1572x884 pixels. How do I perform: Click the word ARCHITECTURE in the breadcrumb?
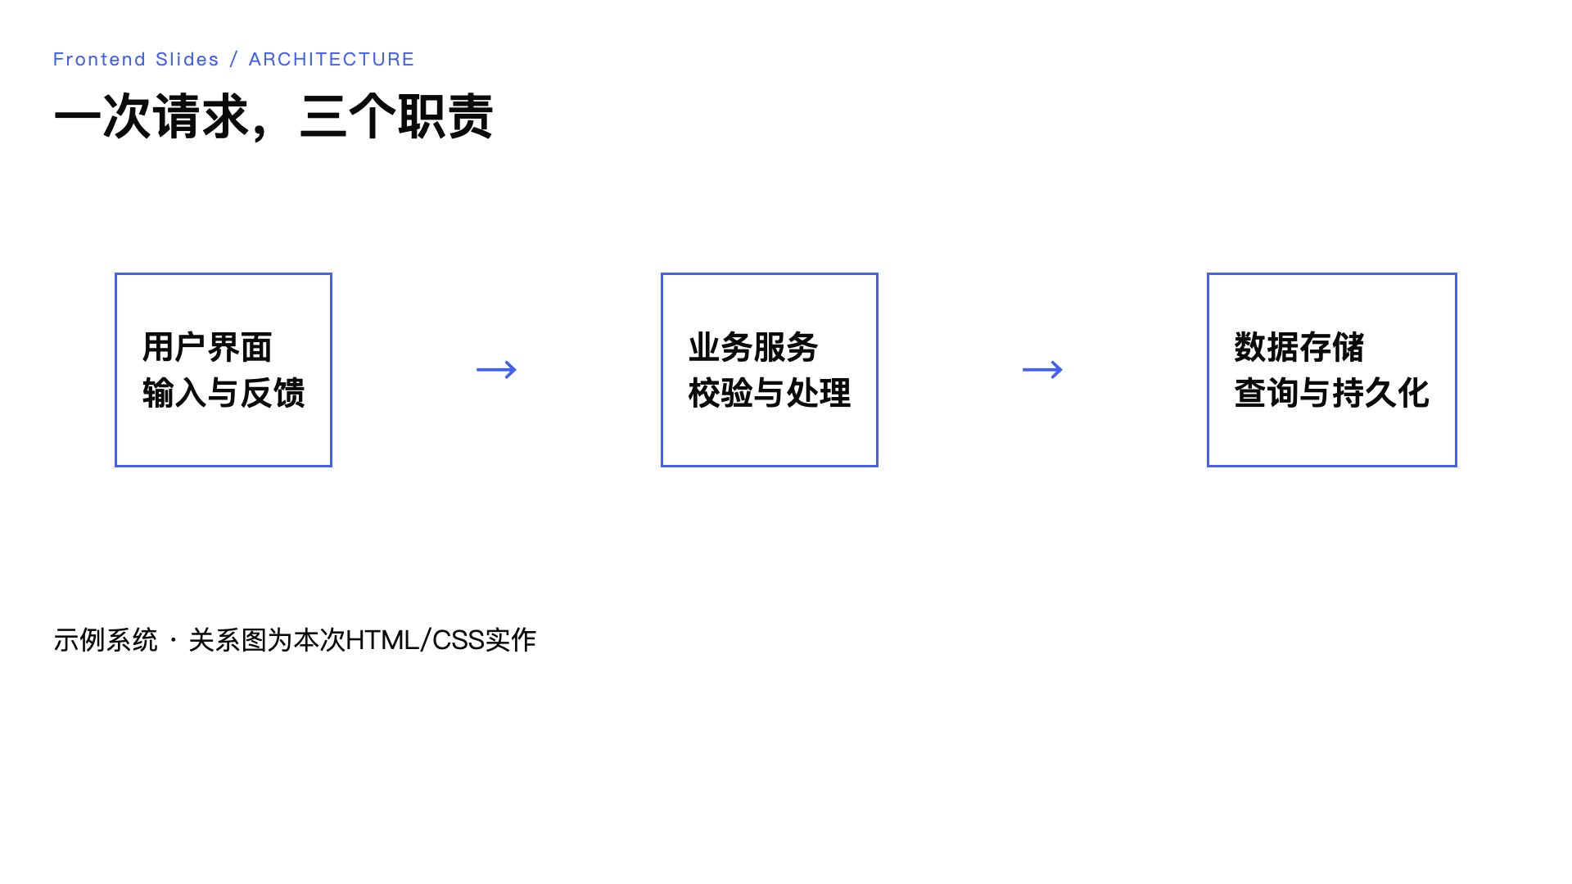tap(332, 60)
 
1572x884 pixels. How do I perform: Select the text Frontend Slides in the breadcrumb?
tap(136, 60)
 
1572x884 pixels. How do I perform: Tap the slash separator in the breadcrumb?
tap(234, 60)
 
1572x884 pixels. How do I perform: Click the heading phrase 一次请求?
tap(152, 116)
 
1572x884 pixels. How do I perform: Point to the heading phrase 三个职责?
tap(396, 116)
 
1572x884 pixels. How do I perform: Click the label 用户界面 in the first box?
tap(207, 347)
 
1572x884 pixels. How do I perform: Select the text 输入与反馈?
tap(224, 393)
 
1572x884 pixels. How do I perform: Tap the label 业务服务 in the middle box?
tap(753, 347)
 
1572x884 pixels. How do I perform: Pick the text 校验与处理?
tap(770, 393)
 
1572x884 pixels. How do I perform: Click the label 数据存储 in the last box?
tap(1299, 347)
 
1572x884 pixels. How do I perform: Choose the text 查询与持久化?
tap(1332, 393)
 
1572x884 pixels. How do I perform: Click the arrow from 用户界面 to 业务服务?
tap(497, 370)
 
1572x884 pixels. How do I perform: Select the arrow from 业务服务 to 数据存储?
tap(1043, 370)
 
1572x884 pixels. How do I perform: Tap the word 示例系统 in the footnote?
tap(106, 640)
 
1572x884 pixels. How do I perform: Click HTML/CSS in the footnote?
tap(415, 640)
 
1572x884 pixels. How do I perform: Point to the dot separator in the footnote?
tap(174, 640)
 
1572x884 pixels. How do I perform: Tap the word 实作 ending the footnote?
tap(511, 640)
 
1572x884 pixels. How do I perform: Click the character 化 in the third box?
tap(1414, 393)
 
